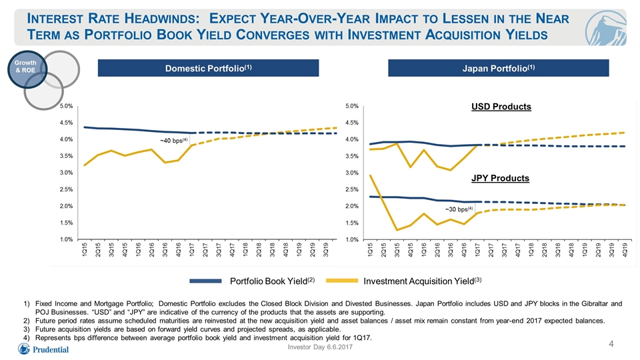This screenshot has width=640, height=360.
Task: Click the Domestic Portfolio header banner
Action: (x=208, y=68)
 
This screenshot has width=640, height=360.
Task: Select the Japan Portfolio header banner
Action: (x=499, y=68)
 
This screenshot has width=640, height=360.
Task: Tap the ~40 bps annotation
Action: (x=174, y=141)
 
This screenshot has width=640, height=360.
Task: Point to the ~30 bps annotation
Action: (x=459, y=209)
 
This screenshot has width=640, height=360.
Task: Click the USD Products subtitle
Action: (x=501, y=107)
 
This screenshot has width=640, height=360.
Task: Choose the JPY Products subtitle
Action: (x=501, y=178)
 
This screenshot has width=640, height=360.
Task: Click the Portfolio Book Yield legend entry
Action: (x=252, y=281)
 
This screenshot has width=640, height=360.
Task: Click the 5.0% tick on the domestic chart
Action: (x=66, y=106)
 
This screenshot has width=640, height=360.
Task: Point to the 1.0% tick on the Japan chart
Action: (x=352, y=239)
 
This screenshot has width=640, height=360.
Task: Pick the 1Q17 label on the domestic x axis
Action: (x=192, y=250)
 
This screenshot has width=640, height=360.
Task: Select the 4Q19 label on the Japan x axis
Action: (x=625, y=250)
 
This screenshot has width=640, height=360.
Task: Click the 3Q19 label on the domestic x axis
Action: (x=326, y=250)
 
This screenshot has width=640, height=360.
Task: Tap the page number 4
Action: (x=611, y=344)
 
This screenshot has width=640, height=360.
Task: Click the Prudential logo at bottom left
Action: (x=43, y=349)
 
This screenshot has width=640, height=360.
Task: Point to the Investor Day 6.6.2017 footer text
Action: (x=320, y=347)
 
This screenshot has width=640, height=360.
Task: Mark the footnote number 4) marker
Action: (x=27, y=337)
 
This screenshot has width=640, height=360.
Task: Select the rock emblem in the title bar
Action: (x=605, y=28)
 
